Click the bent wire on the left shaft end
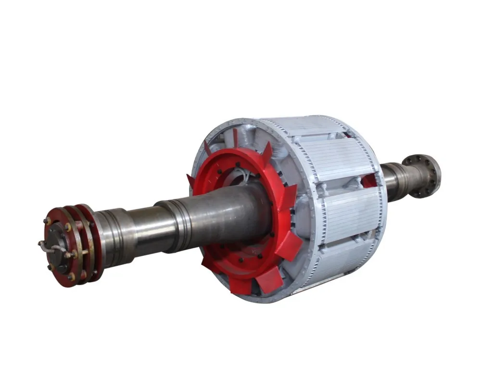tap(52, 247)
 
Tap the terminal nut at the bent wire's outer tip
tap(40, 243)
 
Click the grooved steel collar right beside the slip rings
tap(113, 238)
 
